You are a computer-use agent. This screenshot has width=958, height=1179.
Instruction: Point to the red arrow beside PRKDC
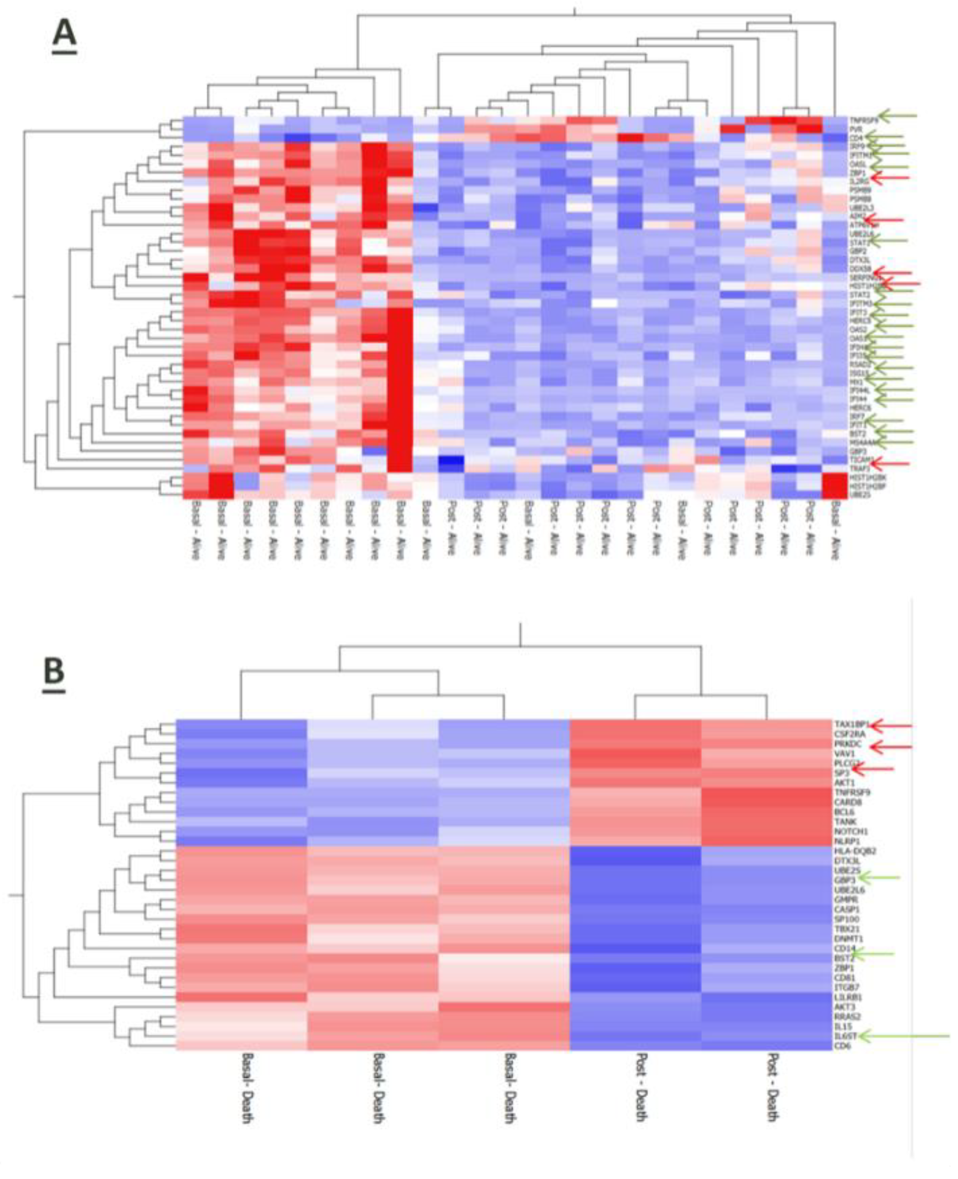(891, 747)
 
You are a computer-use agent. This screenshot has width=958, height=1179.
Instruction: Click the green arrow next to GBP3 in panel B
(880, 877)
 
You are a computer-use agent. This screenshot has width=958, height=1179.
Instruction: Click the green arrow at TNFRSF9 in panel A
(896, 116)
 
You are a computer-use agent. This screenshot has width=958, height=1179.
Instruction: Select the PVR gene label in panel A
(855, 128)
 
